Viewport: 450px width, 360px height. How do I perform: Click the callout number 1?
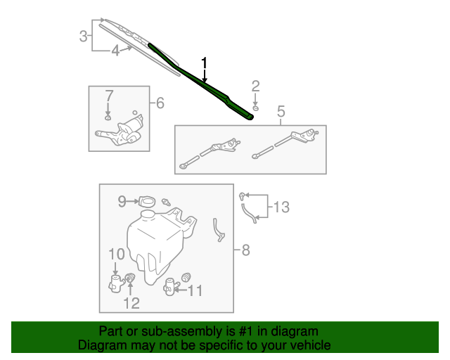[205, 63]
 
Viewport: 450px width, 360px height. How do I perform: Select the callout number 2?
[256, 86]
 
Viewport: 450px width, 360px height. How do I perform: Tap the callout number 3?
[84, 36]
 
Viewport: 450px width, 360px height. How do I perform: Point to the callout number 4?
[115, 50]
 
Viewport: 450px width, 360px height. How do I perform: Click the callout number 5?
[281, 111]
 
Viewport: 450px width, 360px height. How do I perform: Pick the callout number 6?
[160, 103]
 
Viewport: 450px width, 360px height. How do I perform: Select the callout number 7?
[109, 95]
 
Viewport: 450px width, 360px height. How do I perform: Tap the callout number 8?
[245, 250]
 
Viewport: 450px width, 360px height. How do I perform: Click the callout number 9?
[122, 202]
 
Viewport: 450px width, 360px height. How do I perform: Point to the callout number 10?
[116, 254]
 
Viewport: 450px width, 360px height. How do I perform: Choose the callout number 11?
[194, 290]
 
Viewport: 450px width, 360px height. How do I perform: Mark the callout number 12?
[131, 303]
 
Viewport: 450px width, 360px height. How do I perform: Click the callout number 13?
[281, 207]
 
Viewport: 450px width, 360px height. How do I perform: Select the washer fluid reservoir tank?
[155, 239]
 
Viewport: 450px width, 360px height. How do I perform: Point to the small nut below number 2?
[256, 107]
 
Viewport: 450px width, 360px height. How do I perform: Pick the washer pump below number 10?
[116, 283]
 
